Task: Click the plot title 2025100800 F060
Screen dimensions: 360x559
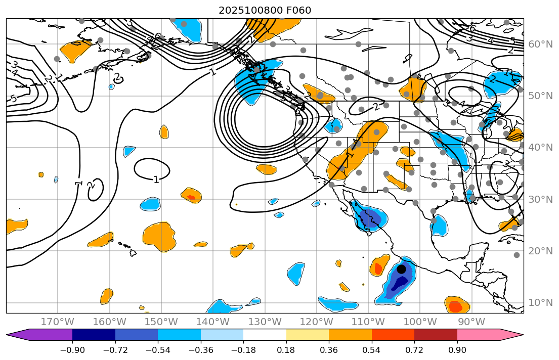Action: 265,11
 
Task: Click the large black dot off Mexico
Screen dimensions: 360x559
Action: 401,269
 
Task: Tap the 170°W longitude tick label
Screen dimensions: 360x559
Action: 58,322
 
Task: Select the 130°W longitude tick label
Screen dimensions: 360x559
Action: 265,322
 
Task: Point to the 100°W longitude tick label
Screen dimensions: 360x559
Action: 420,322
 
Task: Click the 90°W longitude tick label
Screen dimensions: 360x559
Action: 471,322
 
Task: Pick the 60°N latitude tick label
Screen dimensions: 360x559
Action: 540,44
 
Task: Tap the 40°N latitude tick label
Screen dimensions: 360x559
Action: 540,148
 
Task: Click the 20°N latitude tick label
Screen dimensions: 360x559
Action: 540,251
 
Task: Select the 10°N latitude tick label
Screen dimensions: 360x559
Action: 540,303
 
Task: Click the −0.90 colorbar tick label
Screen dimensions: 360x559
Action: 72,350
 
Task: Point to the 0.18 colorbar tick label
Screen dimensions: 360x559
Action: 286,350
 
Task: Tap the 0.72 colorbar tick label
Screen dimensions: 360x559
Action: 414,350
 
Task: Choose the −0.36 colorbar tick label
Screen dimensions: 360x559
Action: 201,350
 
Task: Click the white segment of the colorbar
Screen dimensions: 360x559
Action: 265,335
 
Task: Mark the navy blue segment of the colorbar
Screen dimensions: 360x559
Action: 94,335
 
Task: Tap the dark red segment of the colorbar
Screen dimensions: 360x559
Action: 436,335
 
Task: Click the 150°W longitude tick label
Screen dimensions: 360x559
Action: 161,322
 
